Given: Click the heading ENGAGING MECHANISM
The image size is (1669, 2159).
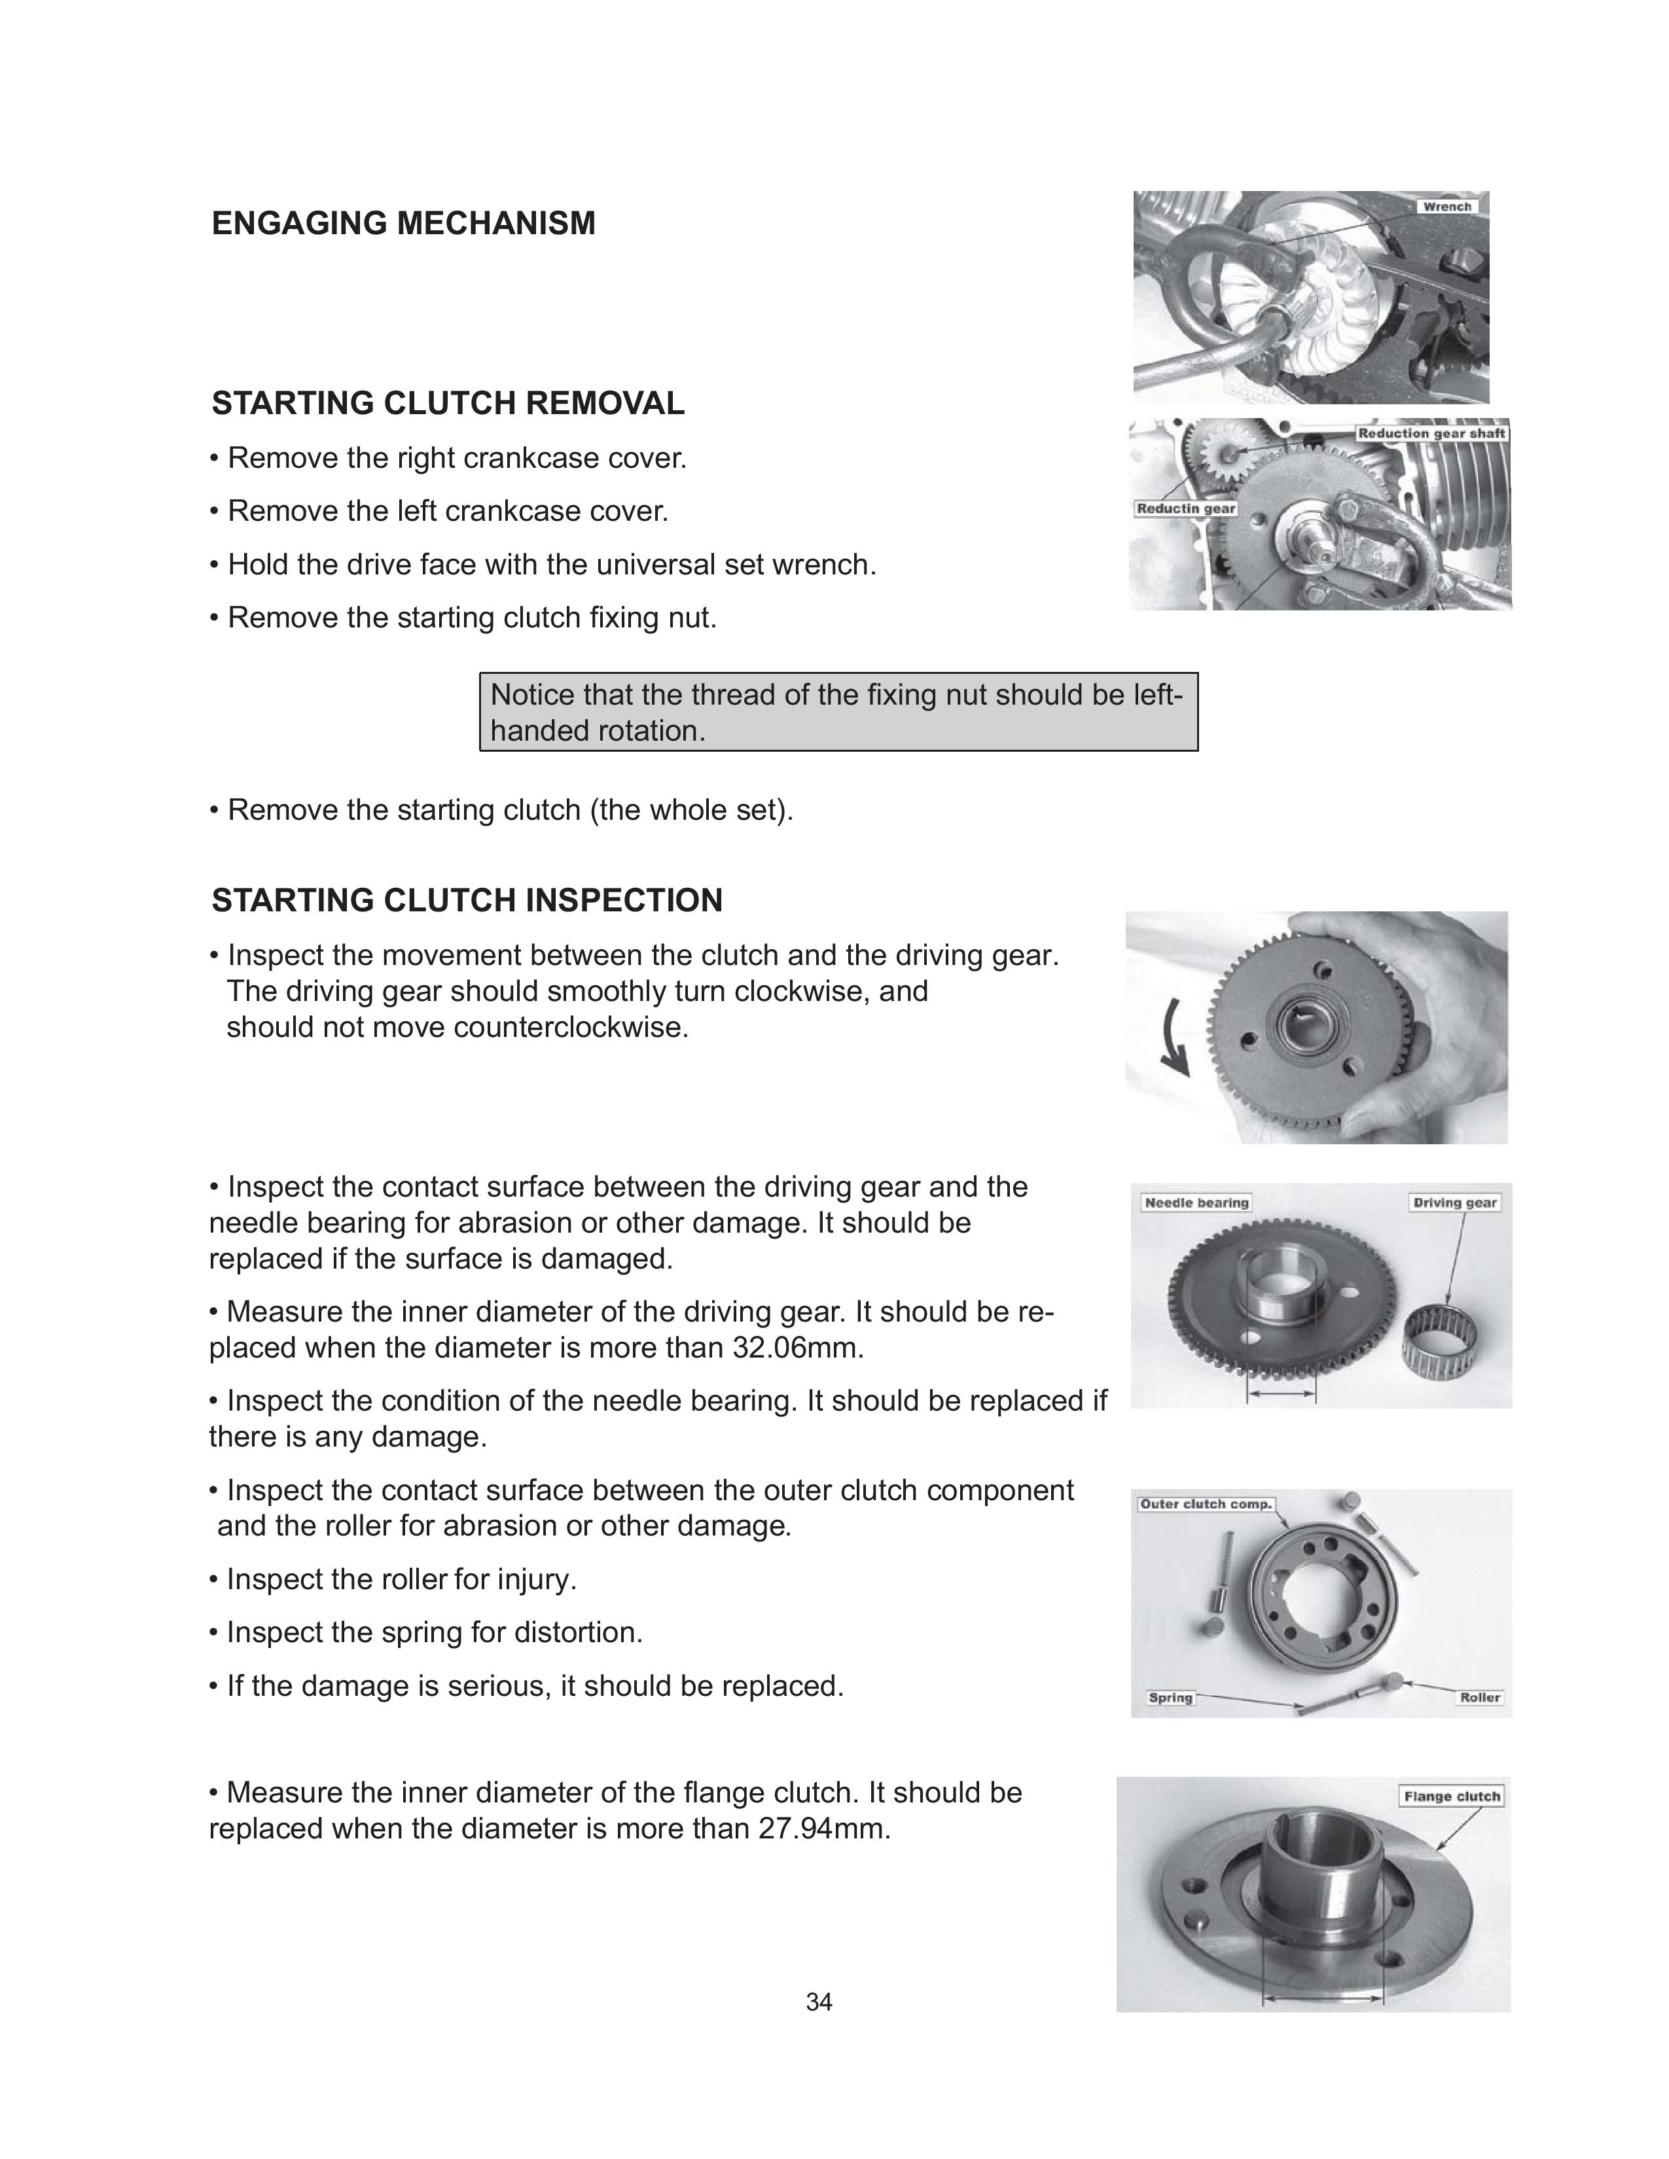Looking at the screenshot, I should click(x=403, y=223).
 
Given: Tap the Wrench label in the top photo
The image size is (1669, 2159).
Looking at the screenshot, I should click(x=1446, y=207).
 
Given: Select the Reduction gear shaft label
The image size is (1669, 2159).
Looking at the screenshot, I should click(x=1431, y=433).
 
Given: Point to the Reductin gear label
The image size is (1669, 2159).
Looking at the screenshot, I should click(x=1185, y=508).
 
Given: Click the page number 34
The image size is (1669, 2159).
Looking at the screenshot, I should click(x=819, y=2002).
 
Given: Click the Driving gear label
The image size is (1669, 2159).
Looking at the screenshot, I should click(x=1454, y=1202).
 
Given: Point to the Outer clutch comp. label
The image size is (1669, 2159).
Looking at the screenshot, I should click(x=1204, y=1503).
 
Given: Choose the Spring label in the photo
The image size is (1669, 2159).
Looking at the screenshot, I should click(x=1170, y=1697).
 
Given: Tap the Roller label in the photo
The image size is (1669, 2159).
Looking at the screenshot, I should click(x=1479, y=1697).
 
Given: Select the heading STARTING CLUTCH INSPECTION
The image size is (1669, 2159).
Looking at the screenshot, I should click(x=467, y=901).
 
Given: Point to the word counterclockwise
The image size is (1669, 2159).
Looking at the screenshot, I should click(x=571, y=1028).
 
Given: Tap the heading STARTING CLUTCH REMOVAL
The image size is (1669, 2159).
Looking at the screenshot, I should click(x=448, y=403).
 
